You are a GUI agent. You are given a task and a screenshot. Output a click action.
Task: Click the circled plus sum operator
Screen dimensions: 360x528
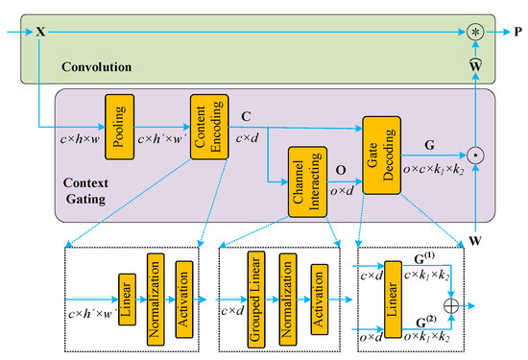474,302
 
